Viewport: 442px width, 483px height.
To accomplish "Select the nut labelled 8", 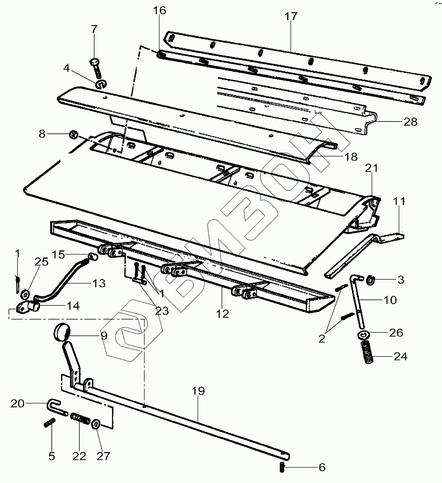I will click(x=73, y=134).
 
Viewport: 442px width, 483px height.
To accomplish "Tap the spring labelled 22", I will click(x=80, y=420).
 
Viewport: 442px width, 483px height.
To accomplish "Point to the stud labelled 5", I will click(x=50, y=423).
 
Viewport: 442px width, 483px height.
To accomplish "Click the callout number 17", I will click(x=291, y=16).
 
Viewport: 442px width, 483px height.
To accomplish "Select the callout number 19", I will click(x=199, y=391).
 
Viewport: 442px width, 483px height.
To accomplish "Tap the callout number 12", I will click(x=223, y=313).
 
